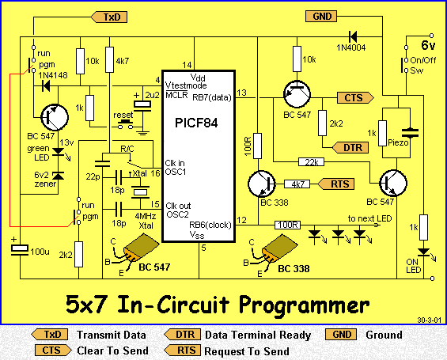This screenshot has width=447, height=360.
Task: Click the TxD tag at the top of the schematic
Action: (109, 17)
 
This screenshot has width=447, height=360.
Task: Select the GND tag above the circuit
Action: (321, 17)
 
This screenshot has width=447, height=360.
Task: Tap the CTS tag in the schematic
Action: (355, 98)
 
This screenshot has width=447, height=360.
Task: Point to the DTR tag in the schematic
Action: (350, 148)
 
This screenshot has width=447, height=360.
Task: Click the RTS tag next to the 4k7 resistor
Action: (335, 184)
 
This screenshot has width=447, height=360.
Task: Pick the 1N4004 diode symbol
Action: (353, 36)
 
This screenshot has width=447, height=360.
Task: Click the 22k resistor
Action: (311, 162)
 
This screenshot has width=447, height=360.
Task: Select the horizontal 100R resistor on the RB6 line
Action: (287, 225)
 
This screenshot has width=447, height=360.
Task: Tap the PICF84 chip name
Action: (196, 123)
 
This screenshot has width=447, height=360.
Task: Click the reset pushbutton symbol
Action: (126, 124)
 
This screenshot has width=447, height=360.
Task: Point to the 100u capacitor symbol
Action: (20, 249)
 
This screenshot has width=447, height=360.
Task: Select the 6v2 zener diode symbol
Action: (59, 176)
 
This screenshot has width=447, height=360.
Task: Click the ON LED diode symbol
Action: (424, 252)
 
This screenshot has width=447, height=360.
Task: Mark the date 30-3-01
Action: (429, 320)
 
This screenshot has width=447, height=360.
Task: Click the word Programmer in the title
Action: (305, 305)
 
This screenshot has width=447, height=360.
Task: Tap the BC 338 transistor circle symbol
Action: (262, 184)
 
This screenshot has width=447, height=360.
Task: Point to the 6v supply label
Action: (428, 45)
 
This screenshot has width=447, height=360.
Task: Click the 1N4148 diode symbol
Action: (46, 85)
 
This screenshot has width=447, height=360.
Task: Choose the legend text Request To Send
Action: (247, 351)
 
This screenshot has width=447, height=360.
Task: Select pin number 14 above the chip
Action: (187, 65)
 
